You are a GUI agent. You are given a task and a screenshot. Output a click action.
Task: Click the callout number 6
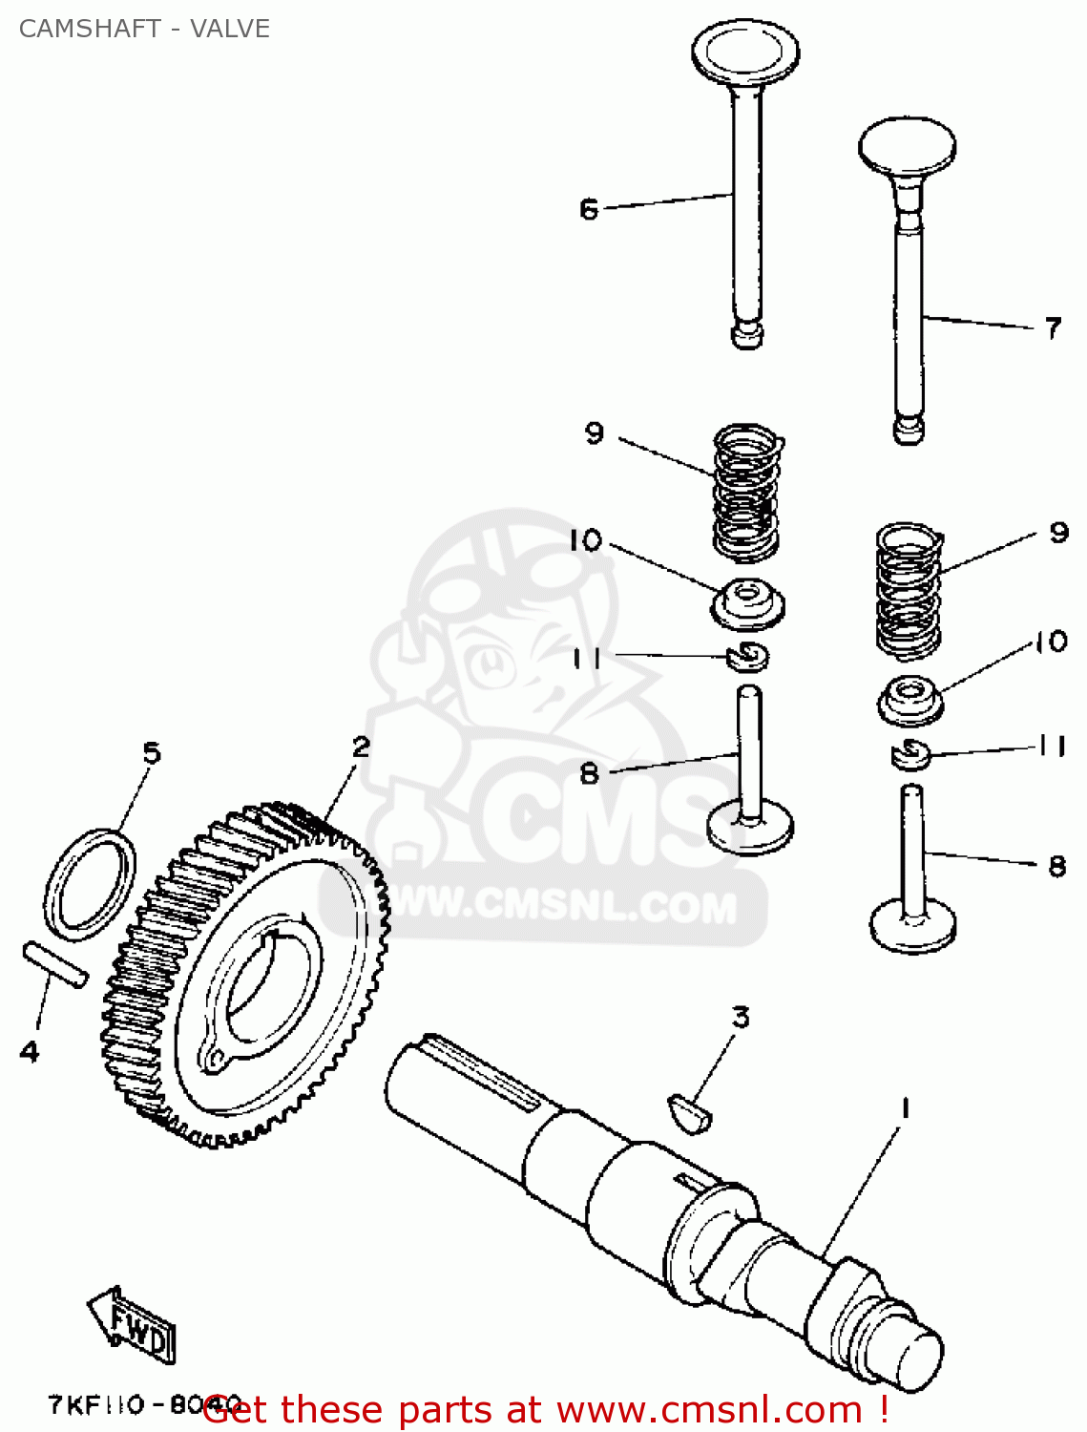(x=588, y=208)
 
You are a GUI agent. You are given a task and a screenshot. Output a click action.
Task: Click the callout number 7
(x=1052, y=328)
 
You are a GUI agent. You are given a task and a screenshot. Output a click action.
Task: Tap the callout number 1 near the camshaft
(x=904, y=1108)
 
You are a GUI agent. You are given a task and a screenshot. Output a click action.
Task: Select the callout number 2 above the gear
(x=360, y=747)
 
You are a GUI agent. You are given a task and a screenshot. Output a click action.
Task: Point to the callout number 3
(x=741, y=1018)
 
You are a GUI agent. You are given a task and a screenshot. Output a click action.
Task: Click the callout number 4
(x=30, y=1052)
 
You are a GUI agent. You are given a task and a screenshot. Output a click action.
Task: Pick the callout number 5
(x=152, y=753)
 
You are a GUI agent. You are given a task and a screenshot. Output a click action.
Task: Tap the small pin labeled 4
(x=55, y=964)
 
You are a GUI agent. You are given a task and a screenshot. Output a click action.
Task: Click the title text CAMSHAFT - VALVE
(x=144, y=29)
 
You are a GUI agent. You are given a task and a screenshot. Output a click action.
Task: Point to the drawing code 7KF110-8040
(x=143, y=1405)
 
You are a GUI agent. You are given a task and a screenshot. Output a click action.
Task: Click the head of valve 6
(x=745, y=53)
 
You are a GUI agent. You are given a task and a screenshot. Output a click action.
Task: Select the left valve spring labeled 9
(x=747, y=492)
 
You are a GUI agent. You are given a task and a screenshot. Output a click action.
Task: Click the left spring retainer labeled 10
(x=748, y=604)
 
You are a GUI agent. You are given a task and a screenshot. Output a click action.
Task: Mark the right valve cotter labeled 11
(x=909, y=754)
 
